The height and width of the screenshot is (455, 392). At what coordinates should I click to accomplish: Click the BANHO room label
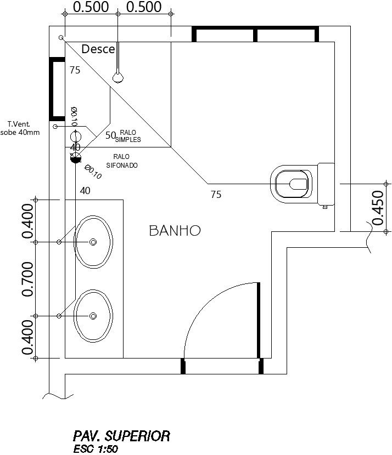(x=175, y=231)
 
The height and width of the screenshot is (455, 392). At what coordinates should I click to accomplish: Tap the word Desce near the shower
(x=98, y=49)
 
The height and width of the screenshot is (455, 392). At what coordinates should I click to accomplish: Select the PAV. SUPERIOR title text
(x=121, y=436)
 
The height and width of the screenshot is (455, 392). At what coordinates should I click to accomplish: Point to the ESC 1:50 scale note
(x=95, y=449)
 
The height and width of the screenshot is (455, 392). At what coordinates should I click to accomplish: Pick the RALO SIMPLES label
(x=128, y=136)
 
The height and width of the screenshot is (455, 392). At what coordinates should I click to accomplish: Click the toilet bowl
(x=292, y=183)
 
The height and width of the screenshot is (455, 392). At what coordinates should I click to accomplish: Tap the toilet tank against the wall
(x=326, y=184)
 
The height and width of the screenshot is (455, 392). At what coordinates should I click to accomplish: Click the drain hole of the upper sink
(x=93, y=242)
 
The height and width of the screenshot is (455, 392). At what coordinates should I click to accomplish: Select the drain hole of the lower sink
(x=93, y=316)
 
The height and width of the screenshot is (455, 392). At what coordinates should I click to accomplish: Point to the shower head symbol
(x=118, y=77)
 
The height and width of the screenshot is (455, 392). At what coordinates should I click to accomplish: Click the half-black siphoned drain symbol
(x=76, y=158)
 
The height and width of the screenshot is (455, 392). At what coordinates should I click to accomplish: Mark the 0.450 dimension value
(x=378, y=208)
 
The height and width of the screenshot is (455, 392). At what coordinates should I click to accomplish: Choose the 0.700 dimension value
(x=28, y=279)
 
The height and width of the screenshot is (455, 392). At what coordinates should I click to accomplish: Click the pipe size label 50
(x=110, y=135)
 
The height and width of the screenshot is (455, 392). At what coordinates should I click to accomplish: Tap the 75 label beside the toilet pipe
(x=216, y=194)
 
